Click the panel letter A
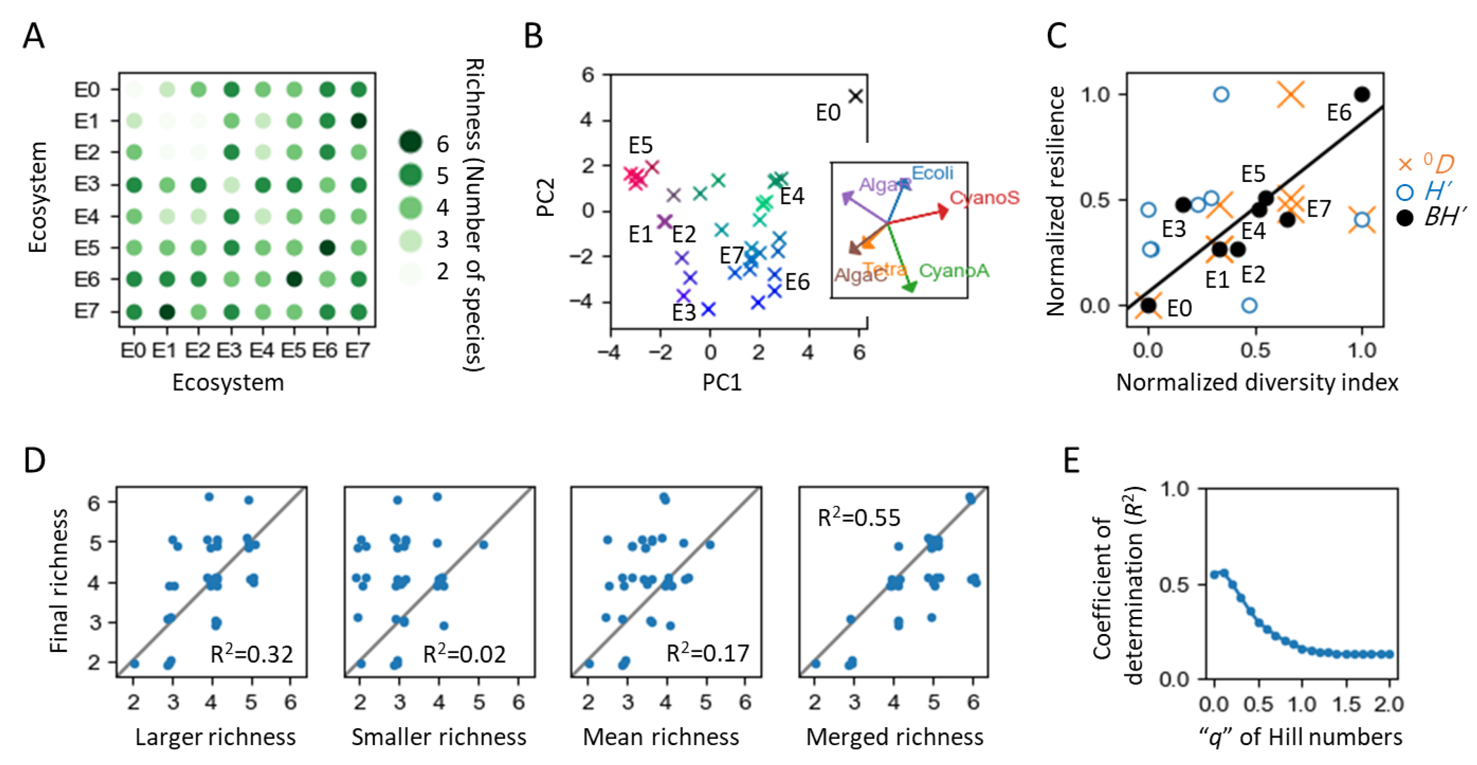pos(33,36)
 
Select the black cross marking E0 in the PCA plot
pos(855,96)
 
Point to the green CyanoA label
pos(954,270)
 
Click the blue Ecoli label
pos(932,173)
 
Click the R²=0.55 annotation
pos(858,518)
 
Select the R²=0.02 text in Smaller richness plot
pos(464,654)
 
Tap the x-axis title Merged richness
pos(895,737)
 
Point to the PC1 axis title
pos(722,382)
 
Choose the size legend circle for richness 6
pos(410,142)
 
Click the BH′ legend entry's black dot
pos(1404,218)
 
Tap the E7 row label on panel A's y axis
pos(87,311)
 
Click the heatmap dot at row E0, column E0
pos(134,90)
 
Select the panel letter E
pos(1071,460)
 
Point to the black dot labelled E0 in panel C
pos(1148,305)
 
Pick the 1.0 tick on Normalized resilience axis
pos(1096,94)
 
